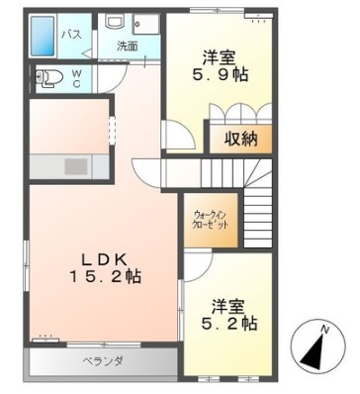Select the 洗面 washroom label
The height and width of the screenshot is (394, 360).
coord(127,46)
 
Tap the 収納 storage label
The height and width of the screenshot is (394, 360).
coord(239,138)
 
